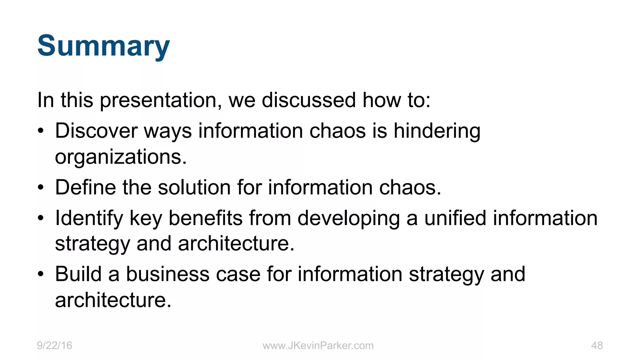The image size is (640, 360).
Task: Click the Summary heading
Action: pyautogui.click(x=103, y=46)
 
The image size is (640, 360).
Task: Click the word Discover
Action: pyautogui.click(x=96, y=131)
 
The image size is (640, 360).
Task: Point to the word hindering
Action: pyautogui.click(x=437, y=131)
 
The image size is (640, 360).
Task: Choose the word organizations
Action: pyautogui.click(x=121, y=157)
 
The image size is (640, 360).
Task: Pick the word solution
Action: pyautogui.click(x=194, y=187)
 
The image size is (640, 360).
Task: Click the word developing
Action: pyautogui.click(x=348, y=218)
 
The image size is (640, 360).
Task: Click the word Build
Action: pyautogui.click(x=78, y=274)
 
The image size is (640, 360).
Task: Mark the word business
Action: pyautogui.click(x=167, y=274)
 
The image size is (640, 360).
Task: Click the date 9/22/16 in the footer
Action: pyautogui.click(x=54, y=346)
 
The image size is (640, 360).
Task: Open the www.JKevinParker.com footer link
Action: pyautogui.click(x=318, y=346)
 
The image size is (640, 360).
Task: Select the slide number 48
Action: pyautogui.click(x=597, y=346)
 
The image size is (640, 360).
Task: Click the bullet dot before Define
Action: pyautogui.click(x=41, y=188)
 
